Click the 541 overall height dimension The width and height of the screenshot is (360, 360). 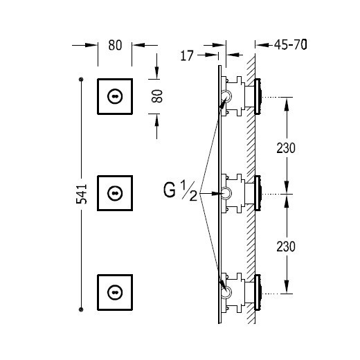pyautogui.click(x=82, y=194)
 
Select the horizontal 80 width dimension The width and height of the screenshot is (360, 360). pyautogui.click(x=115, y=45)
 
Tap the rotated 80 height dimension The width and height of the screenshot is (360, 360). pyautogui.click(x=157, y=96)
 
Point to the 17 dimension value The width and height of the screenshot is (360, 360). pyautogui.click(x=187, y=55)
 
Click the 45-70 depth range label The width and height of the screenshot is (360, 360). pyautogui.click(x=291, y=44)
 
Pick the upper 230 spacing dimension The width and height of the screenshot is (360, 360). pyautogui.click(x=286, y=148)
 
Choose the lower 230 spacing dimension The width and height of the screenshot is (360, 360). pyautogui.click(x=286, y=246)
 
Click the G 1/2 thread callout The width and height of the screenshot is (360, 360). pyautogui.click(x=181, y=191)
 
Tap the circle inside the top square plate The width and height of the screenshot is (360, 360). pyautogui.click(x=115, y=96)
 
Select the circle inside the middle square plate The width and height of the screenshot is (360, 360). pyautogui.click(x=115, y=193)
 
